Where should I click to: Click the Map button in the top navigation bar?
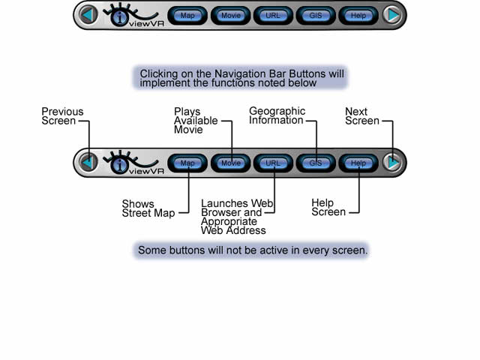(187, 15)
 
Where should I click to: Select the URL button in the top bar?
(273, 15)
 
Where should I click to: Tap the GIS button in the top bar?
(316, 15)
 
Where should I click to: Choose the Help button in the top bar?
(358, 15)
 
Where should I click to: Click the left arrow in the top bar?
(88, 15)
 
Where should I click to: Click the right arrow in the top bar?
(392, 15)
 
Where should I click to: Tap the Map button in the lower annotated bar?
(187, 163)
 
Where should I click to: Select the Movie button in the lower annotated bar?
(230, 163)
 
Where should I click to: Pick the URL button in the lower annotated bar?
(273, 163)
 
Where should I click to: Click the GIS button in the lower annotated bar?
(316, 163)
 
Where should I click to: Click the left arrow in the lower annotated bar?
(88, 163)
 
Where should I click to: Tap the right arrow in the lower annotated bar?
(392, 163)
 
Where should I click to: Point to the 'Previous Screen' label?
(61, 116)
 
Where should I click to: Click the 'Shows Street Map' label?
(148, 208)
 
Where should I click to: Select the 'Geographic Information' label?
(277, 115)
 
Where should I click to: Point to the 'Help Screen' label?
(328, 207)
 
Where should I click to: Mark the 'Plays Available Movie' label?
(196, 120)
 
